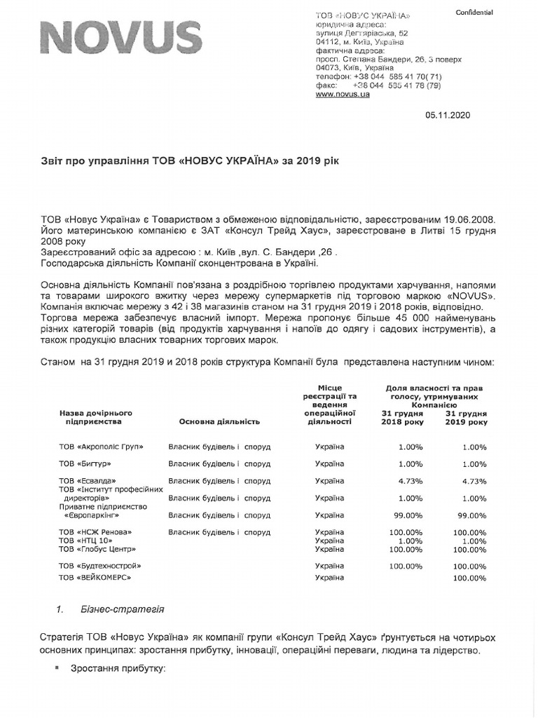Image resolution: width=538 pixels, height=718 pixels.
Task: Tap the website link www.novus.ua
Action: [343, 95]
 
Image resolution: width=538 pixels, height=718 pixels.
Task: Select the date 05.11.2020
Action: [448, 116]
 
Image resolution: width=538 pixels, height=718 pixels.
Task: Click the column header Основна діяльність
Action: [219, 421]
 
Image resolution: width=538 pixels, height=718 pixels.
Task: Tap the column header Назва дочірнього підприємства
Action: [96, 417]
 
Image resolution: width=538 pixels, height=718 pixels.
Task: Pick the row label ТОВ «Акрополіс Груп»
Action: [103, 447]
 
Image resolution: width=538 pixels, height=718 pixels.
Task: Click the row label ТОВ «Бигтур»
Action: [85, 464]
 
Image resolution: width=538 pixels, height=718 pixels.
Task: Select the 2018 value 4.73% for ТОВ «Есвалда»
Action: [410, 481]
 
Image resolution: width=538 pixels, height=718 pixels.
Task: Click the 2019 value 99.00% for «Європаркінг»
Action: [471, 515]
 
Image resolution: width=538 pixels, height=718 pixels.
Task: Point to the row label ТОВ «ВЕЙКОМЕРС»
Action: [96, 577]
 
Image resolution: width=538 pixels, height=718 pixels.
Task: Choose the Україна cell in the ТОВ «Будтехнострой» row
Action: [329, 566]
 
